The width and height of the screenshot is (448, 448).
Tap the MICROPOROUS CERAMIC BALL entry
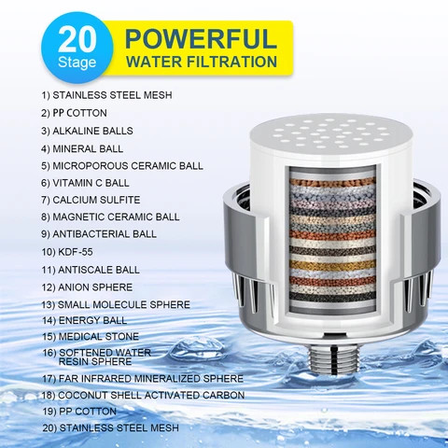click(121, 166)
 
